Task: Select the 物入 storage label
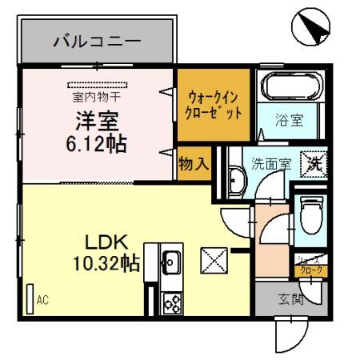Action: [x=194, y=163]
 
